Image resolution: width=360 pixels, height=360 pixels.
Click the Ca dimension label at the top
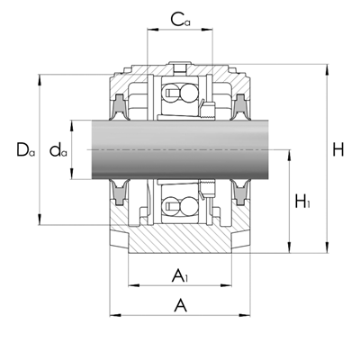point(180,19)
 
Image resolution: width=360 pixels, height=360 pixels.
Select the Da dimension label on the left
point(25,149)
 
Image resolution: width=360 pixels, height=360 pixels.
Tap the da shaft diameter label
point(58,150)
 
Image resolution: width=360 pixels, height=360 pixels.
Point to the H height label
point(338,149)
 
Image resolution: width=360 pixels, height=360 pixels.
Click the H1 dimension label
point(302,202)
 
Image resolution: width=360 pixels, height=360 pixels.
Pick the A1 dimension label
point(180,275)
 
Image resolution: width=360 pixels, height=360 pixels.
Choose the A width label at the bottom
point(180,305)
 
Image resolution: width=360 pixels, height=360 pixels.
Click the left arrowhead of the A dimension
point(115,315)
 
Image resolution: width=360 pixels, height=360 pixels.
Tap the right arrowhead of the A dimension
point(245,315)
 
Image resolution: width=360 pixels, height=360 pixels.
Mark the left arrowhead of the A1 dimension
point(134,285)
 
